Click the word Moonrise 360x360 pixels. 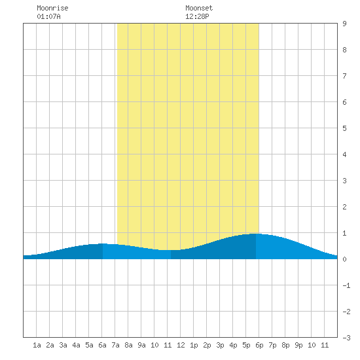[x=52, y=8]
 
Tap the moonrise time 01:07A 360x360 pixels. [x=48, y=16]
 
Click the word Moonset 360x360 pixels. [x=199, y=8]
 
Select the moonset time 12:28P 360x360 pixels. [x=197, y=16]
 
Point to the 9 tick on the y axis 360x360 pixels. [x=344, y=24]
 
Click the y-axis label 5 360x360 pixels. [x=344, y=128]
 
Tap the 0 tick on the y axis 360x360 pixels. [x=344, y=259]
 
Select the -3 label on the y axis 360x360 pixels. [x=346, y=338]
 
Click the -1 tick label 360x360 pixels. [x=346, y=285]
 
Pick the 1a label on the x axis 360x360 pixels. [x=37, y=345]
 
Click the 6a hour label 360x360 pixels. [x=102, y=345]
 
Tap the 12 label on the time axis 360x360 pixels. [x=181, y=345]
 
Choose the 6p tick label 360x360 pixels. [x=259, y=345]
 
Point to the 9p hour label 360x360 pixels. [x=298, y=345]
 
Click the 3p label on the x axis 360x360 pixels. [x=220, y=345]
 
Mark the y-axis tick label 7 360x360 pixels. [x=344, y=76]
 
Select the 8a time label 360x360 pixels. [x=128, y=345]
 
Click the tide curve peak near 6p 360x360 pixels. [x=256, y=234]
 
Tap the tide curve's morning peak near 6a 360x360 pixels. [x=102, y=243]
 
